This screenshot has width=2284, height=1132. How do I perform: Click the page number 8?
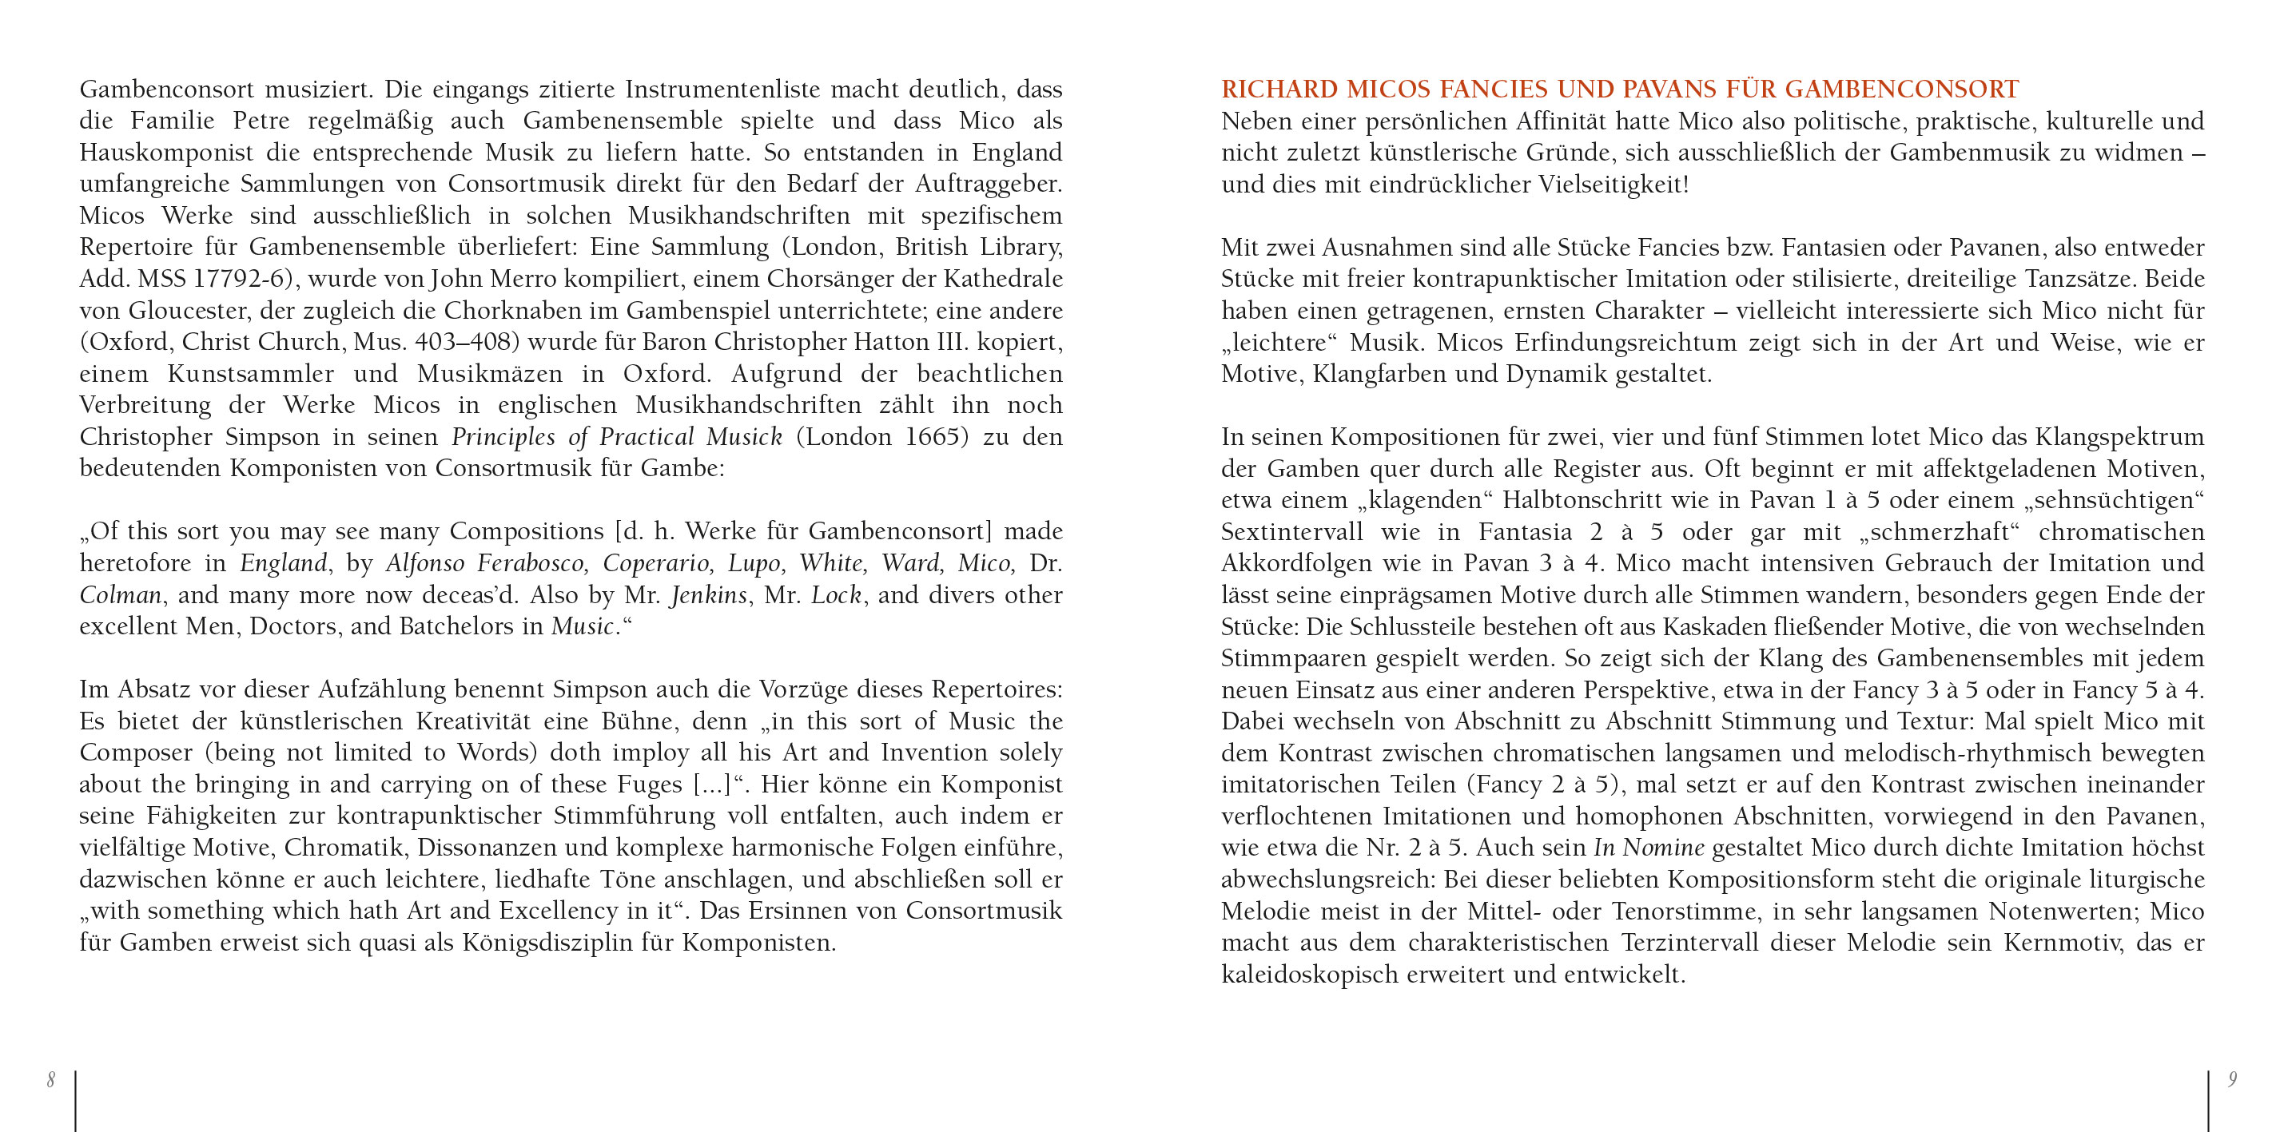click(x=51, y=1080)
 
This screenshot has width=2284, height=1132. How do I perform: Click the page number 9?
click(x=2233, y=1080)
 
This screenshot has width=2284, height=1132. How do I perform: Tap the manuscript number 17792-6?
click(x=237, y=278)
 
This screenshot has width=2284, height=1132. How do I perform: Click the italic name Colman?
click(x=120, y=595)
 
